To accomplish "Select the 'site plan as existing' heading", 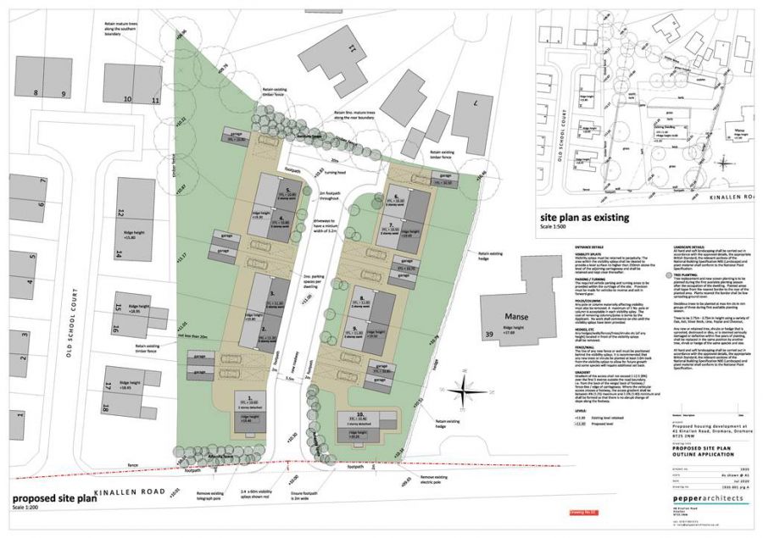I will point(585,217).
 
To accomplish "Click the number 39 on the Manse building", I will point(488,336).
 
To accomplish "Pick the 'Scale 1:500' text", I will point(554,226).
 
